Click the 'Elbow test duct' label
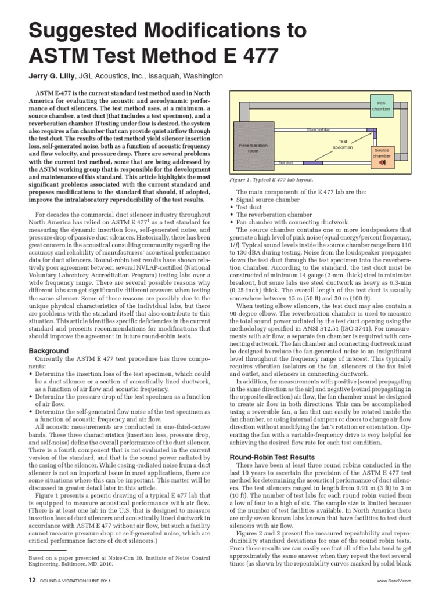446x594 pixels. click(x=319, y=129)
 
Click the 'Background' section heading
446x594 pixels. click(x=48, y=351)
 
